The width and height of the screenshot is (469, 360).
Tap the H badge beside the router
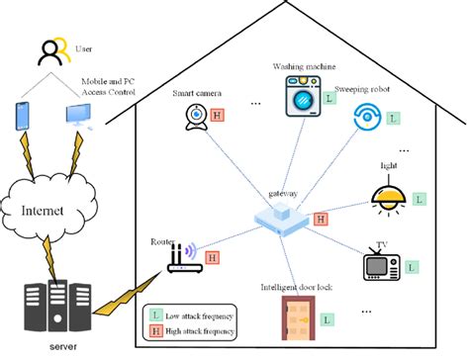[x=212, y=258]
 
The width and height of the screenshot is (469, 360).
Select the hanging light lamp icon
[x=388, y=196]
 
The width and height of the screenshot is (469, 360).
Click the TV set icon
[x=379, y=265]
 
